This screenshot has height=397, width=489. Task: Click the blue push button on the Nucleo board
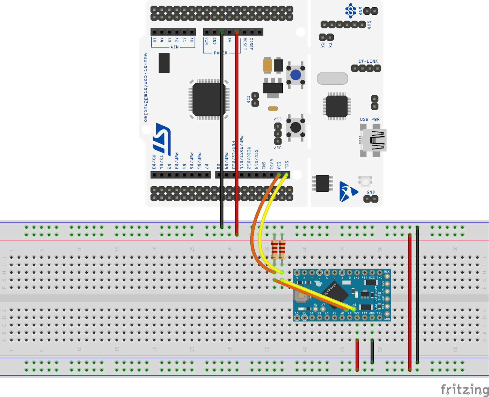coord(296,75)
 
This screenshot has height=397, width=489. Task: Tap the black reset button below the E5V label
coord(296,127)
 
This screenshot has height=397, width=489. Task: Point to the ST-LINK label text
coord(368,61)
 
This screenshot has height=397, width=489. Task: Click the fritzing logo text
coord(464,389)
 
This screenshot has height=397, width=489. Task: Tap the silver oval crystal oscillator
coord(333,79)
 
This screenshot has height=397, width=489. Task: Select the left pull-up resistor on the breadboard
coord(274,249)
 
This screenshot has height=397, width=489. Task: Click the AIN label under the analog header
coord(175,47)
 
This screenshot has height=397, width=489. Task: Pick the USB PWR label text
coord(370,119)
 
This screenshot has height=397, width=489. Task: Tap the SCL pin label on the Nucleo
coord(287,165)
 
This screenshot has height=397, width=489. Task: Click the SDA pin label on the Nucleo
coord(279,165)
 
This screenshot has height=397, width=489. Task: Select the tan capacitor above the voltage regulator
coord(267,65)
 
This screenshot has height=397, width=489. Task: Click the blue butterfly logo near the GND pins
coord(348,192)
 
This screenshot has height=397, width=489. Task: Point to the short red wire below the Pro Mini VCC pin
coord(357,355)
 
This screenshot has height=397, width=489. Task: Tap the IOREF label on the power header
coord(251,44)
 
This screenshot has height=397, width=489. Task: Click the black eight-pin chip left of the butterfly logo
coord(322,183)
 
